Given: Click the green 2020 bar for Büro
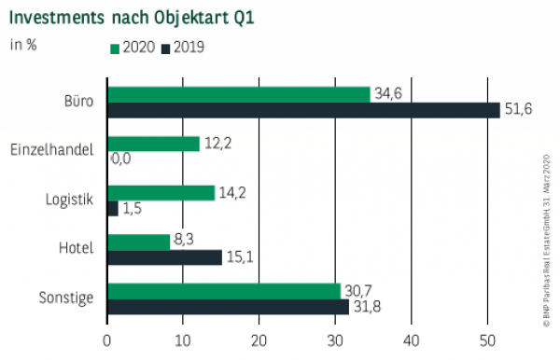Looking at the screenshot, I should coord(239,94).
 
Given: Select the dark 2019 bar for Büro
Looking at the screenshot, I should coord(303,110).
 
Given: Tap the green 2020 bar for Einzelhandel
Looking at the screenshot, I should coord(154,143).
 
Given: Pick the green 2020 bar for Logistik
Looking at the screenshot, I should coord(161,192).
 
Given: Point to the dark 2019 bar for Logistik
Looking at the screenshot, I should coord(113,208).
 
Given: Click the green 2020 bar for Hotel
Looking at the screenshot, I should coord(139,242).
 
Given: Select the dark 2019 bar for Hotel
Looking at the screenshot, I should coord(164,257).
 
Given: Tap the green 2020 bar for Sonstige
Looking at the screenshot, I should coord(224,290).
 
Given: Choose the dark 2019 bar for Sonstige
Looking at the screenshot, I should coord(228,306).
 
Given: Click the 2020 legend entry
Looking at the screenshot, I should coord(131,46).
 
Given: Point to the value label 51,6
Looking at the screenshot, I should coord(518,110).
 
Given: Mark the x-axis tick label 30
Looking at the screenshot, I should coord(335,340).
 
